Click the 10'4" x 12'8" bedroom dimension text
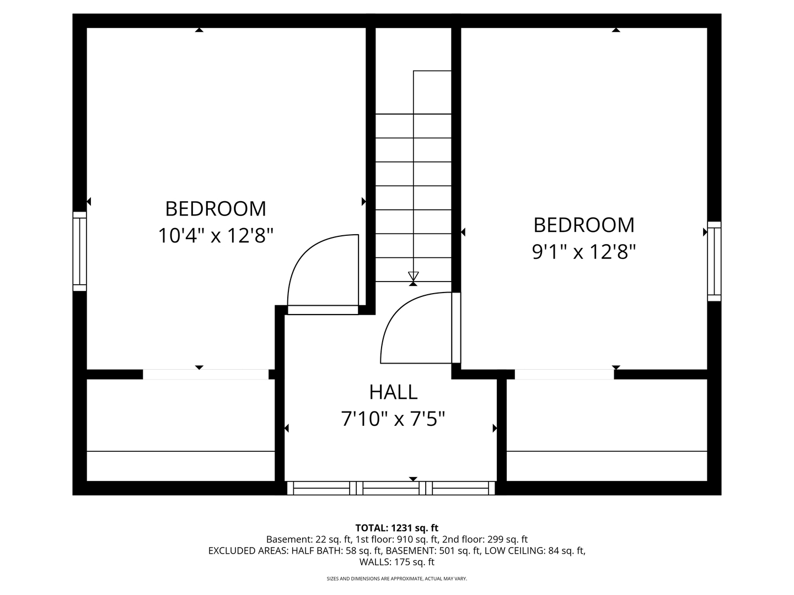[x=216, y=236]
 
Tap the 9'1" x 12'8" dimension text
[x=584, y=252]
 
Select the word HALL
[x=393, y=392]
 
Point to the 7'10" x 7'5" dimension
[x=393, y=419]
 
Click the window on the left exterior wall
[x=79, y=251]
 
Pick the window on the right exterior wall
[x=714, y=261]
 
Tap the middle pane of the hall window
[x=391, y=488]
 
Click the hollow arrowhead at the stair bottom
[x=413, y=276]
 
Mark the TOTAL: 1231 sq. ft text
[x=397, y=528]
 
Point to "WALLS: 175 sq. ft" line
[x=397, y=562]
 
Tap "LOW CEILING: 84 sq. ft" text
[x=535, y=550]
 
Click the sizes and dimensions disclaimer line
[x=397, y=578]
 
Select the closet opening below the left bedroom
[x=206, y=374]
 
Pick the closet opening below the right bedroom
[x=564, y=374]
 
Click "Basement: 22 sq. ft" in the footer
[x=309, y=539]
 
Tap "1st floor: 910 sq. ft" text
[x=397, y=539]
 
